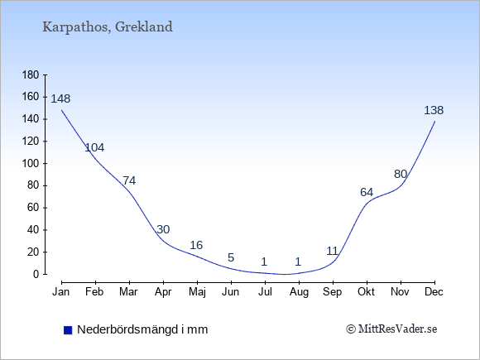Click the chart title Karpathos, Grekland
pos(108,27)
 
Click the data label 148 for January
pos(60,98)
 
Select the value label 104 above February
pos(94,147)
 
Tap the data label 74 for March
pos(129,180)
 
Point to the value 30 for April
pos(163,229)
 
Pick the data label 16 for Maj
pos(196,245)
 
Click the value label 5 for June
pos(231,257)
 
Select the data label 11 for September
pos(332,251)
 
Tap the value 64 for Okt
pos(367,192)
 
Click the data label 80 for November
pos(401,174)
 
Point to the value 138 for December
pos(434,110)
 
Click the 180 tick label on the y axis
pos(31,74)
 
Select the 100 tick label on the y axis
pos(31,163)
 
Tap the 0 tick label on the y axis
pos(36,274)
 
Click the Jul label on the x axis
pos(265,292)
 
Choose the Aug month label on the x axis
pos(299,292)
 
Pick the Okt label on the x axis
pos(366,292)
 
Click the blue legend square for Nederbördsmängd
pos(68,330)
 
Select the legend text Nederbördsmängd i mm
pos(142,329)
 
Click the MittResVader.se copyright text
pos(391,329)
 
